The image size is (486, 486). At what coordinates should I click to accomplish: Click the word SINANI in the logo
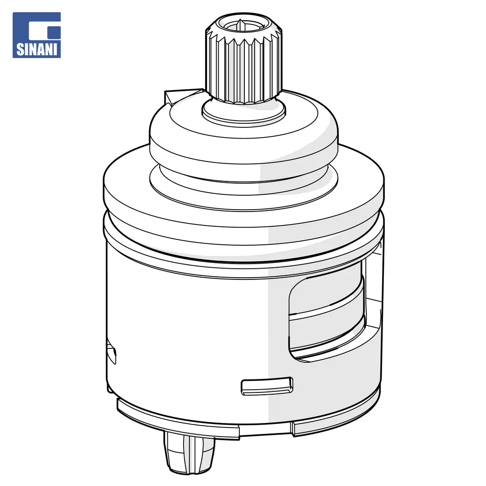pos(37,49)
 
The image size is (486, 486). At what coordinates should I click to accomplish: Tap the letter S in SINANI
pos(20,49)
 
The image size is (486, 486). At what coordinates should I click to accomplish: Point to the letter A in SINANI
pos(41,49)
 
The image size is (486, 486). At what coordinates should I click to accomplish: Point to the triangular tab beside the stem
pos(179,96)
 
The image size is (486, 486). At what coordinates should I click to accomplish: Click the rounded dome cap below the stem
pos(243,136)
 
